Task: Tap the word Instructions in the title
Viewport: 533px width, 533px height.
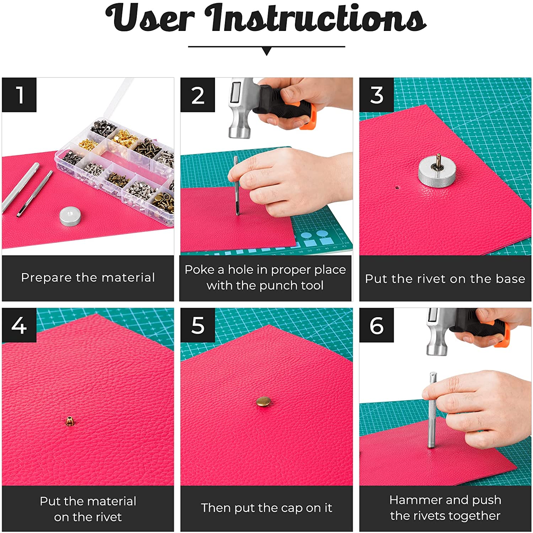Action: pyautogui.click(x=316, y=18)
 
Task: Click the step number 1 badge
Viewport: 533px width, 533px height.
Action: pyautogui.click(x=19, y=95)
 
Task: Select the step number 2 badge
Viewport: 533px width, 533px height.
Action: pyautogui.click(x=198, y=95)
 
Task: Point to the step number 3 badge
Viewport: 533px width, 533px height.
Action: pyautogui.click(x=377, y=95)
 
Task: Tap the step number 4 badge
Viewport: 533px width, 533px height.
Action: pyautogui.click(x=19, y=325)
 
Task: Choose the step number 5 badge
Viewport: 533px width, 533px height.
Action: pyautogui.click(x=198, y=325)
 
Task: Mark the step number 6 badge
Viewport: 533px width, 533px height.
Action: pyautogui.click(x=377, y=325)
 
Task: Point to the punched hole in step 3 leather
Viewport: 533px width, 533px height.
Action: pyautogui.click(x=397, y=186)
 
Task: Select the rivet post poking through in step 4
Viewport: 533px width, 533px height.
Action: pyautogui.click(x=70, y=421)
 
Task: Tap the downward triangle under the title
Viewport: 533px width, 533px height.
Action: pyautogui.click(x=266, y=51)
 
